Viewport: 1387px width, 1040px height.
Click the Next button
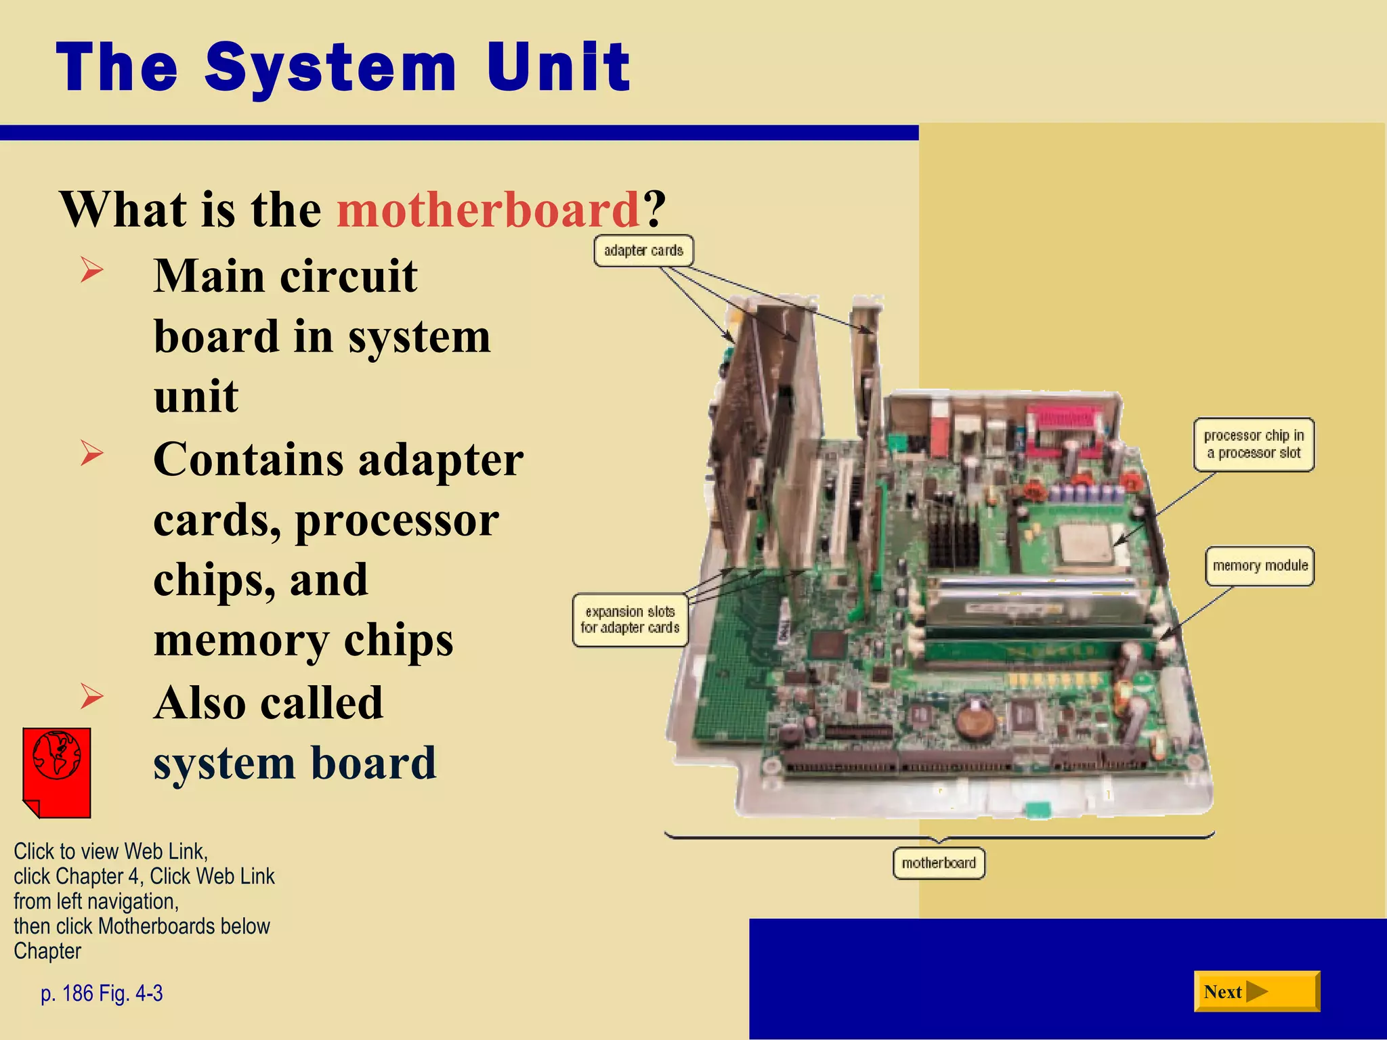(x=1256, y=991)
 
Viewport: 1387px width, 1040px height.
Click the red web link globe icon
(x=57, y=772)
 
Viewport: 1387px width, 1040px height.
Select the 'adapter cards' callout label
(x=643, y=251)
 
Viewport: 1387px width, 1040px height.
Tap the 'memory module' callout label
(x=1260, y=565)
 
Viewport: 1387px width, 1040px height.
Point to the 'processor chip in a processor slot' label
(x=1254, y=444)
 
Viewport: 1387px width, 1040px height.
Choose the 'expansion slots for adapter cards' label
(x=630, y=620)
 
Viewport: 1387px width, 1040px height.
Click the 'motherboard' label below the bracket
(x=939, y=863)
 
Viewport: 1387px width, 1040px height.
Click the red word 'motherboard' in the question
(x=488, y=209)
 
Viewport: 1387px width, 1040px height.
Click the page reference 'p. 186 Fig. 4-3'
(x=102, y=993)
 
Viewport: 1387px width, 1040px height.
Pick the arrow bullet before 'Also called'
(x=91, y=696)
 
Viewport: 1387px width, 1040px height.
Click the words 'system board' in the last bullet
(x=295, y=763)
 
